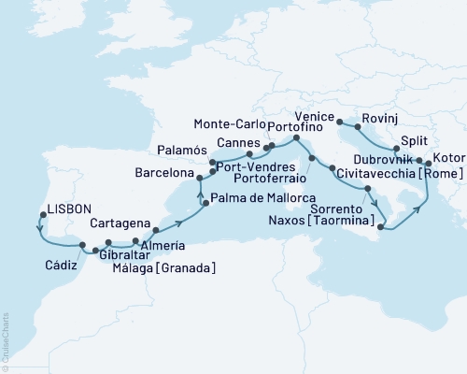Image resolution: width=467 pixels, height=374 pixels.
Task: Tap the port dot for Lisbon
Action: point(41,216)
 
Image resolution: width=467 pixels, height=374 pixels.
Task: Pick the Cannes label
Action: point(237,142)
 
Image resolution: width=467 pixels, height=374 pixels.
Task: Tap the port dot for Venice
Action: point(338,122)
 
